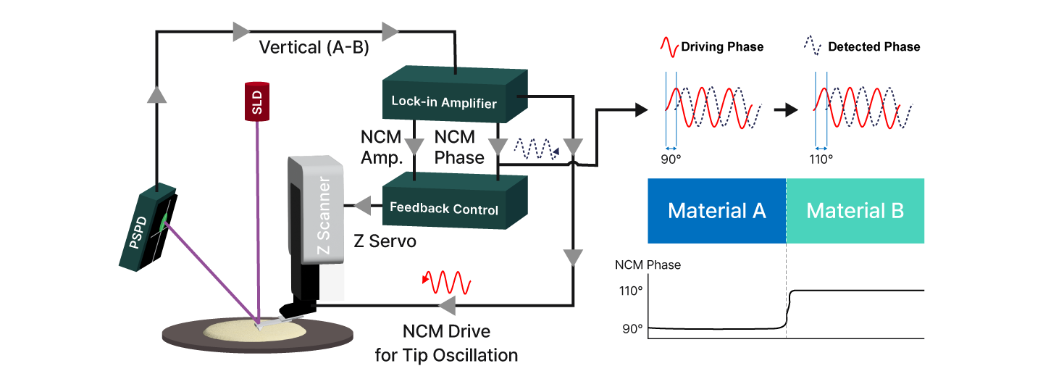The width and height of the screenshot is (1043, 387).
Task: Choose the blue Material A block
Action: point(716,210)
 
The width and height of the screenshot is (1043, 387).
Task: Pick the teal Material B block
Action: point(855,210)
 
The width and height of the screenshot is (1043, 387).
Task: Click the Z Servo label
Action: point(385,241)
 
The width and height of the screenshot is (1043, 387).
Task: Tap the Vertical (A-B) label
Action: point(314,48)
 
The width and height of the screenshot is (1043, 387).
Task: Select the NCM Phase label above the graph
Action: point(648,265)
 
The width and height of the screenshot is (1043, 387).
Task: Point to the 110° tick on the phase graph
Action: point(630,291)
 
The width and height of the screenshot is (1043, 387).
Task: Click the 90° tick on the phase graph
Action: point(632,328)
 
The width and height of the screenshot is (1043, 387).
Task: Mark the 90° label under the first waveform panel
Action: point(671,158)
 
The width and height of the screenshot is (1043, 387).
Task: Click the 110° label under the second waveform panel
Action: point(821,158)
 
